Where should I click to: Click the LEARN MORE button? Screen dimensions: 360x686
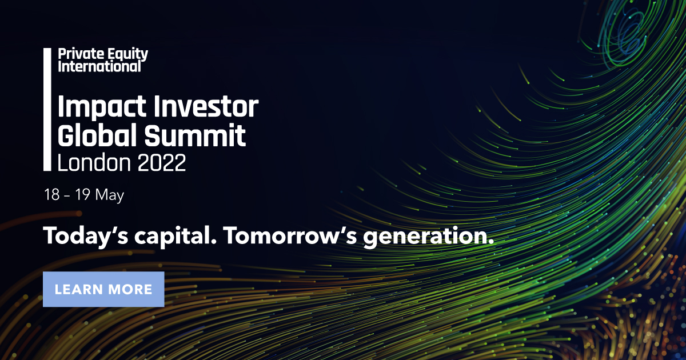click(x=103, y=289)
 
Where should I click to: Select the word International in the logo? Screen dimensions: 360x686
click(x=99, y=66)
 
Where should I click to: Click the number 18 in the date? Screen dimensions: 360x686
click(x=51, y=195)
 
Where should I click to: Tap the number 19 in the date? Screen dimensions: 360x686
click(x=80, y=195)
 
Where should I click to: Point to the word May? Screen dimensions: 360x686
click(x=110, y=195)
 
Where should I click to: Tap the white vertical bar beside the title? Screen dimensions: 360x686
click(x=47, y=109)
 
